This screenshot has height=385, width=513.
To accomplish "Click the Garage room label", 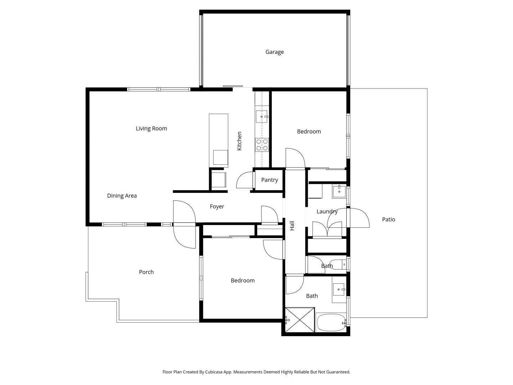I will pos(274,52).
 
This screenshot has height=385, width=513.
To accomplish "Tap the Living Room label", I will pos(151,128).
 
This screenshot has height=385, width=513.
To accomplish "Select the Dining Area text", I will pos(122,196).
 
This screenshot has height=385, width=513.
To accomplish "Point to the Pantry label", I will pos(269,180).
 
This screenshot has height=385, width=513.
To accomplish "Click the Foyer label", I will pos(217,207).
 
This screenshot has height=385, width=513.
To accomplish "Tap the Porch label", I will pos(146,272).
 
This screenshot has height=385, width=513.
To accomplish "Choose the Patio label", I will pos(388,220).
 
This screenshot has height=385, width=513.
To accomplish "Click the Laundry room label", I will pos(327,212).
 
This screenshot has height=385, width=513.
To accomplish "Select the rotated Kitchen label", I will pos(239,141).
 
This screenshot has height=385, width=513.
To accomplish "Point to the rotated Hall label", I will pos(292,226).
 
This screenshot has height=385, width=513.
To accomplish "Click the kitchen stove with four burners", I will pos(262,145).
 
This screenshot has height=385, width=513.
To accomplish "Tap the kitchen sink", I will pos(261,117).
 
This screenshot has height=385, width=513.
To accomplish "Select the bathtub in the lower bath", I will pos(331,323).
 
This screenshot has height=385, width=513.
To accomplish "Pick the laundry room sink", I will pos(339,191).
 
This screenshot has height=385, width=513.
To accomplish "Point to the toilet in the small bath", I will pos(338,265).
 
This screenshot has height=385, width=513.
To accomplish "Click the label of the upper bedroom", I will pos(309,132).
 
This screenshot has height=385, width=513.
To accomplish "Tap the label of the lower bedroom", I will pos(243,281).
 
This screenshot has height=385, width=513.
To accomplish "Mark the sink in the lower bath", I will pos(339,289).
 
